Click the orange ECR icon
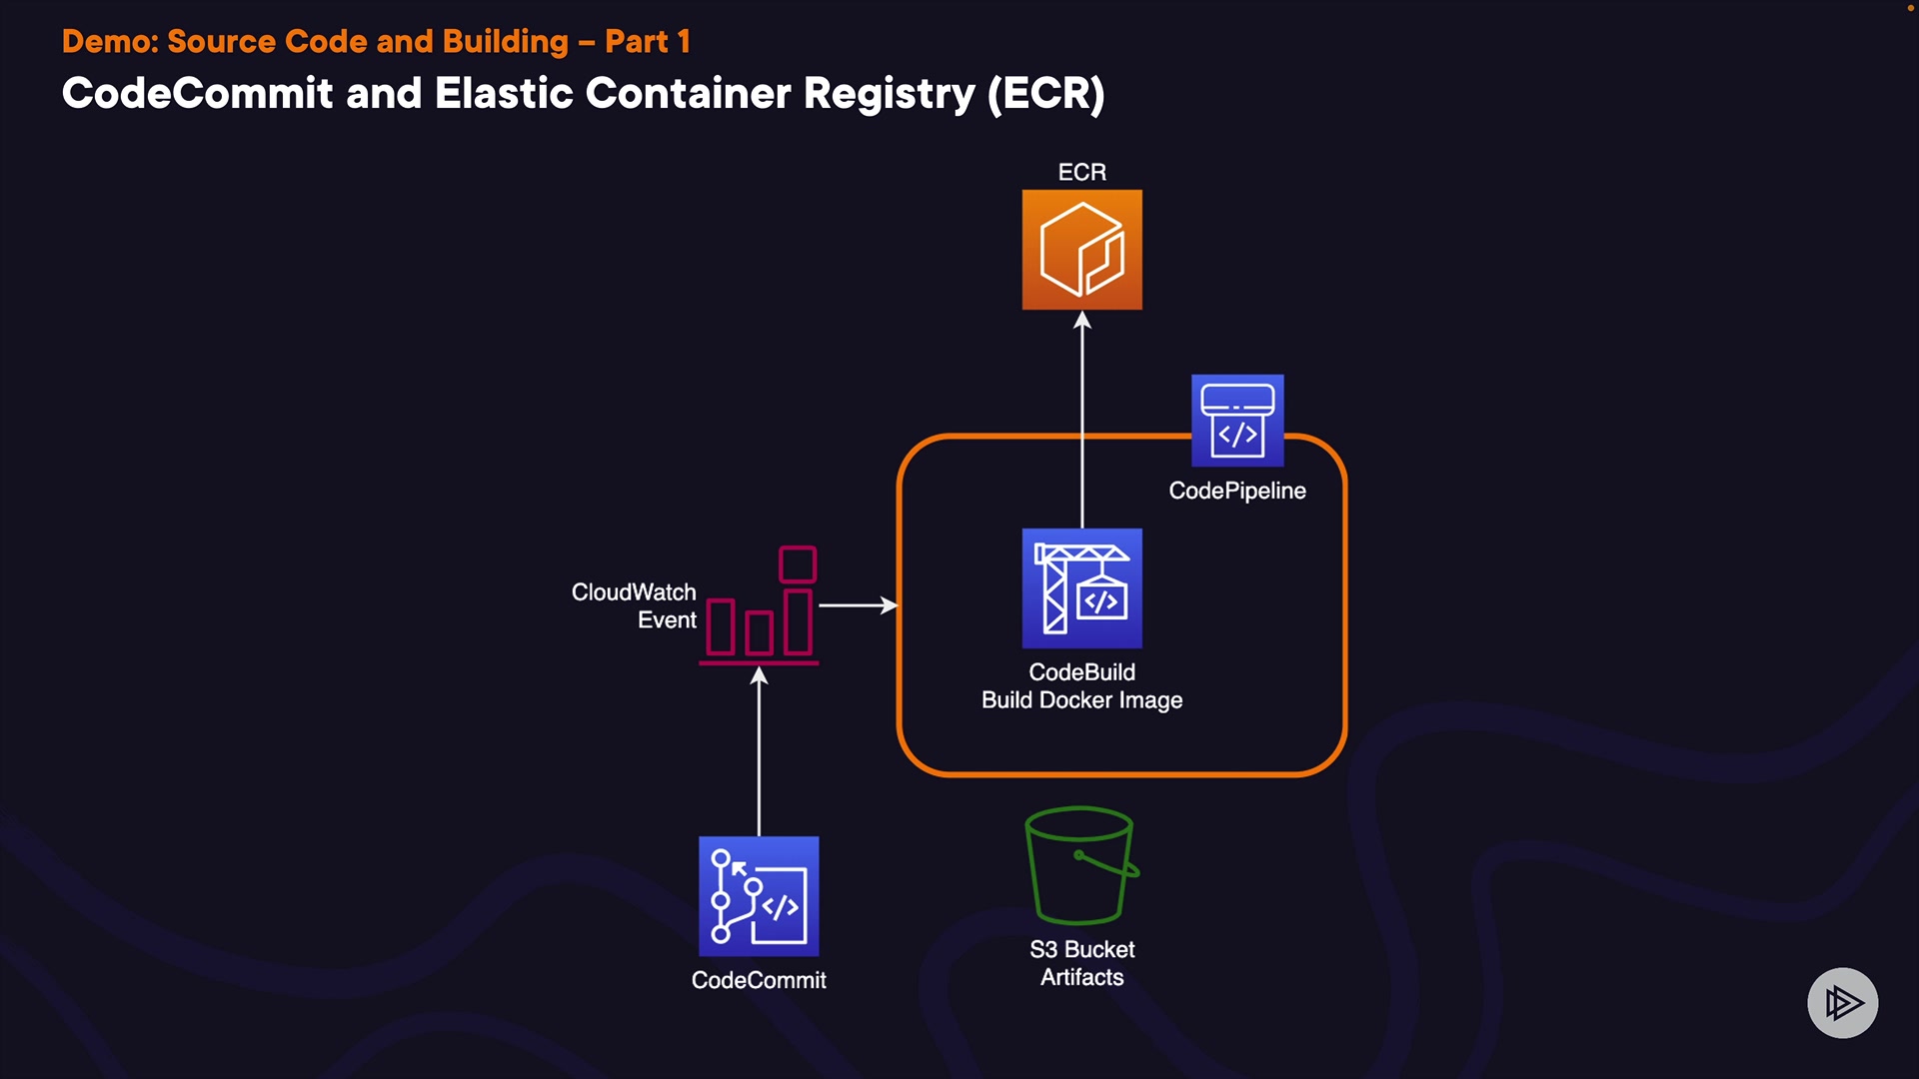(x=1081, y=250)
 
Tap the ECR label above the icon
(x=1081, y=172)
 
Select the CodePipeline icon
(x=1237, y=421)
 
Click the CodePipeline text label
(x=1237, y=491)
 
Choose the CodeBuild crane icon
(x=1081, y=588)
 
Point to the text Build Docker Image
(x=1081, y=700)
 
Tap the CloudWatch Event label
(x=634, y=605)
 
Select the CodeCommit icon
(x=759, y=896)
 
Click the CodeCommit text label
(x=759, y=980)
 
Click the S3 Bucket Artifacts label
(x=1081, y=963)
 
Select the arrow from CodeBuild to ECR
(x=1082, y=420)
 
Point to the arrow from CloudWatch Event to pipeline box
(x=858, y=605)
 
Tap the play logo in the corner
(x=1842, y=1002)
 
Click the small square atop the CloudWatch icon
(x=798, y=564)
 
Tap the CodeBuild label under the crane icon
(x=1081, y=672)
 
